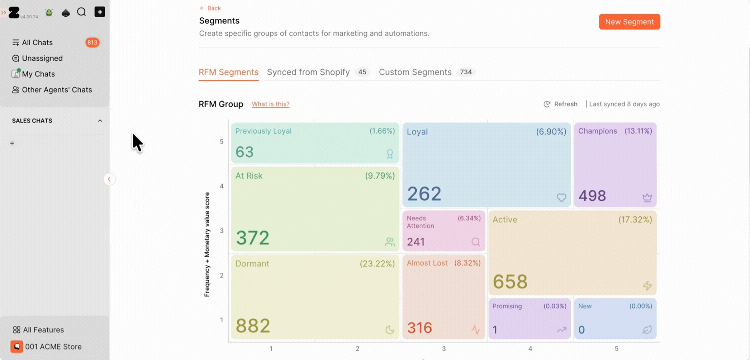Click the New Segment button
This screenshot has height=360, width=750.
coord(629,22)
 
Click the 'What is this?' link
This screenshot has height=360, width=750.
coord(270,104)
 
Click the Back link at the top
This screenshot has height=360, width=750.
coord(210,8)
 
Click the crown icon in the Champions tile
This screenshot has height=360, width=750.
coord(647,197)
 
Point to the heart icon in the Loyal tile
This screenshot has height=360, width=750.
coord(561,197)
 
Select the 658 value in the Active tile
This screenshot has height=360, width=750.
coord(510,282)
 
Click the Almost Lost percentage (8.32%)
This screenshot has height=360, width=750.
coord(467,263)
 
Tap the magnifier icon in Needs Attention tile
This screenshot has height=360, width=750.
coord(476,242)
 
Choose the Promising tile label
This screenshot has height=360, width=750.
coord(507,306)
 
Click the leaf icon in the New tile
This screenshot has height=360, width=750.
coord(647,330)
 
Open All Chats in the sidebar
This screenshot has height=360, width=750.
coord(37,42)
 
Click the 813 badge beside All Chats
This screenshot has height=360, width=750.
coord(92,42)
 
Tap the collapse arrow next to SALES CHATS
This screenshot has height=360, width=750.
coord(100,121)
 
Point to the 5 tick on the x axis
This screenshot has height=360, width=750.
coord(616,349)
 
